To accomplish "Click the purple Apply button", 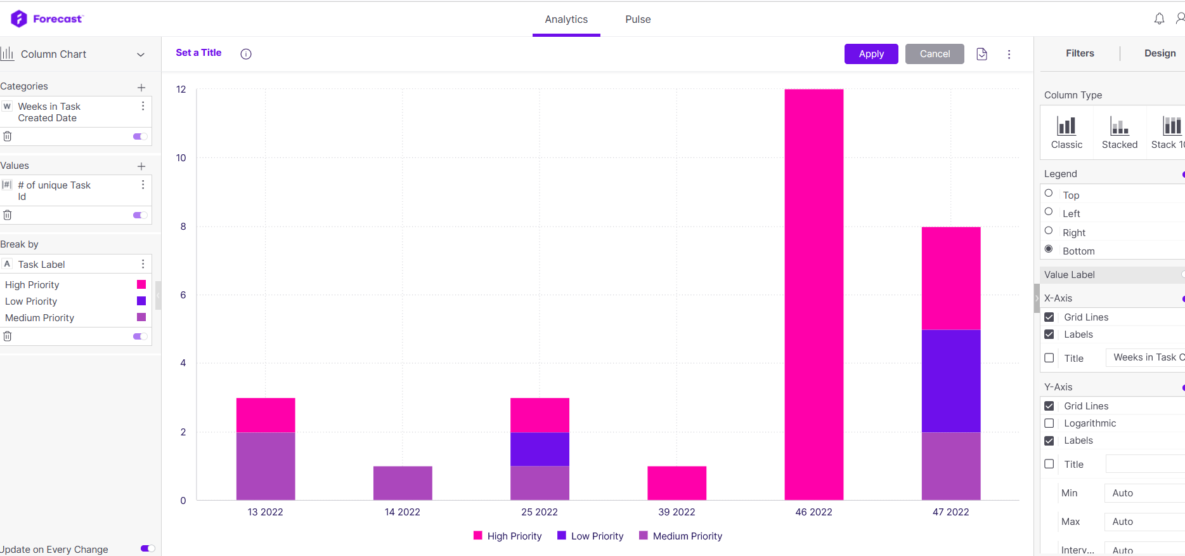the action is point(871,54).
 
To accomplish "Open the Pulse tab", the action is point(638,20).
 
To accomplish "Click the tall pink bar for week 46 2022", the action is point(814,295).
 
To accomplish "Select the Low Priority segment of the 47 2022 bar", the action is point(951,381).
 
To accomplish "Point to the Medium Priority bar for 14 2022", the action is point(403,483).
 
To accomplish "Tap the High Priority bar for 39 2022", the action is point(677,483).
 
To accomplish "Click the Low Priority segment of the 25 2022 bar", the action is point(540,449).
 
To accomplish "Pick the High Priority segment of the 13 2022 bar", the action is point(266,415).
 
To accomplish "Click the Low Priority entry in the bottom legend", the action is point(590,536).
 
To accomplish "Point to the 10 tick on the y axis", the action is point(181,158).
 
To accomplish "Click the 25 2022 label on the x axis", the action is point(540,512).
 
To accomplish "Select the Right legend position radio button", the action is point(1049,231).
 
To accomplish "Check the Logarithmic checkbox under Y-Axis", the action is point(1049,423).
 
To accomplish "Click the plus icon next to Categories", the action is point(141,88).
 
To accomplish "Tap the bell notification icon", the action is point(1159,19).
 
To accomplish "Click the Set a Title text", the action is point(198,53).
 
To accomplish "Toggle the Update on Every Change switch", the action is point(148,548).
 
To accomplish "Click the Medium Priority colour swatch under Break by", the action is point(141,317).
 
